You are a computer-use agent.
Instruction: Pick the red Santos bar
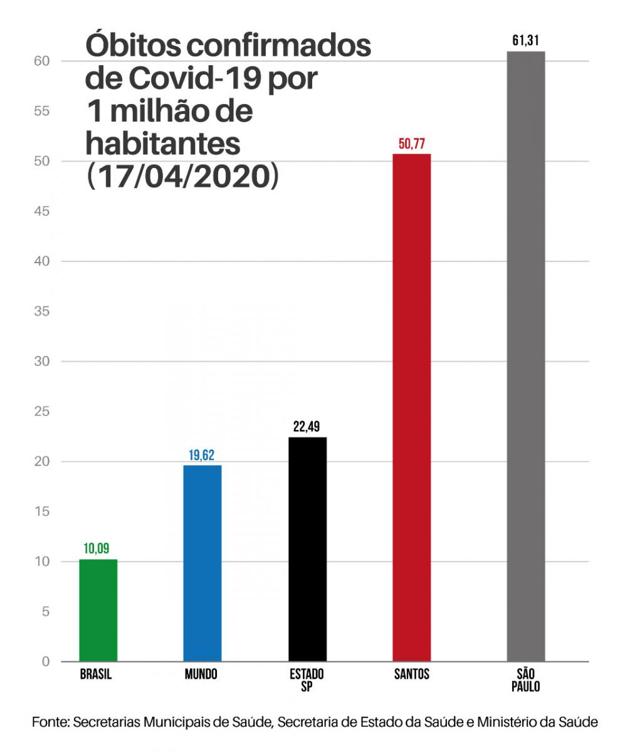(x=411, y=407)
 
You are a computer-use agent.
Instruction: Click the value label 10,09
(x=97, y=549)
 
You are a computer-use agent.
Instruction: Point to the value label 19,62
(x=202, y=456)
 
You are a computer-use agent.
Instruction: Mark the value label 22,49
(x=307, y=427)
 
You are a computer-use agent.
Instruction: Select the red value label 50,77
(x=411, y=144)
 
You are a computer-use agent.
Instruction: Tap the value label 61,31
(x=525, y=42)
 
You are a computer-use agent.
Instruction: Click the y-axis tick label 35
(x=41, y=311)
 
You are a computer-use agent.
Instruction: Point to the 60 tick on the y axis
(x=41, y=61)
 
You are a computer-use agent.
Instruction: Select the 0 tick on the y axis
(x=45, y=661)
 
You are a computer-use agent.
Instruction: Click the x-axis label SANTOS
(x=412, y=675)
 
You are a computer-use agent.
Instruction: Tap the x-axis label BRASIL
(x=97, y=675)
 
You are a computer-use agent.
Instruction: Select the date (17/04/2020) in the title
(x=182, y=177)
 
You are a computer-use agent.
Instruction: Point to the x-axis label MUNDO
(x=201, y=675)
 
